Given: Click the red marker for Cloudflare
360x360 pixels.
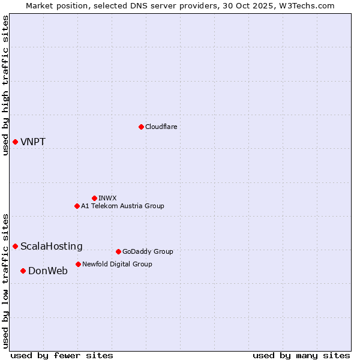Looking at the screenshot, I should click(141, 127).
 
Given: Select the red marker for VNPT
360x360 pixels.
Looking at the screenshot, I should click(15, 142).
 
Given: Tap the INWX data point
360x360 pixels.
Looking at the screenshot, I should click(94, 198).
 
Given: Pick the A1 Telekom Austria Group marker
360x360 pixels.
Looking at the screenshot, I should click(77, 206).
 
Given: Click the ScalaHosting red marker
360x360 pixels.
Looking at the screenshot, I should click(15, 246).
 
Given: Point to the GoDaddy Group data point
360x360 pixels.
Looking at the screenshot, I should click(118, 251).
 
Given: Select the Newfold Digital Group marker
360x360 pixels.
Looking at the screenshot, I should click(78, 264).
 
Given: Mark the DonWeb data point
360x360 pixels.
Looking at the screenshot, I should click(23, 271).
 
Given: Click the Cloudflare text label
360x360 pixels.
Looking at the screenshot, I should click(161, 127).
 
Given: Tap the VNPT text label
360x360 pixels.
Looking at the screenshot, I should click(33, 142).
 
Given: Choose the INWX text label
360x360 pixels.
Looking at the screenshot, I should click(107, 198).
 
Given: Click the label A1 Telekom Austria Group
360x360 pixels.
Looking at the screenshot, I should click(122, 206).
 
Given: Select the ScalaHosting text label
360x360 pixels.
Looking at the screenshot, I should click(52, 247).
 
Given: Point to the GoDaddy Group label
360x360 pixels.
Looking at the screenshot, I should click(148, 251).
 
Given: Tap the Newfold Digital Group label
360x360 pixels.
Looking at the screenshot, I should click(117, 264).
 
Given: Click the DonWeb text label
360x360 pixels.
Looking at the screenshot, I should click(48, 271).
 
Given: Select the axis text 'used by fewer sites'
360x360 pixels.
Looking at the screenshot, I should click(62, 355).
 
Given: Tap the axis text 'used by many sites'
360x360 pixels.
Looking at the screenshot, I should click(301, 355).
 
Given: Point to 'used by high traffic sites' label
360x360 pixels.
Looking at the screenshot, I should click(5, 86).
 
